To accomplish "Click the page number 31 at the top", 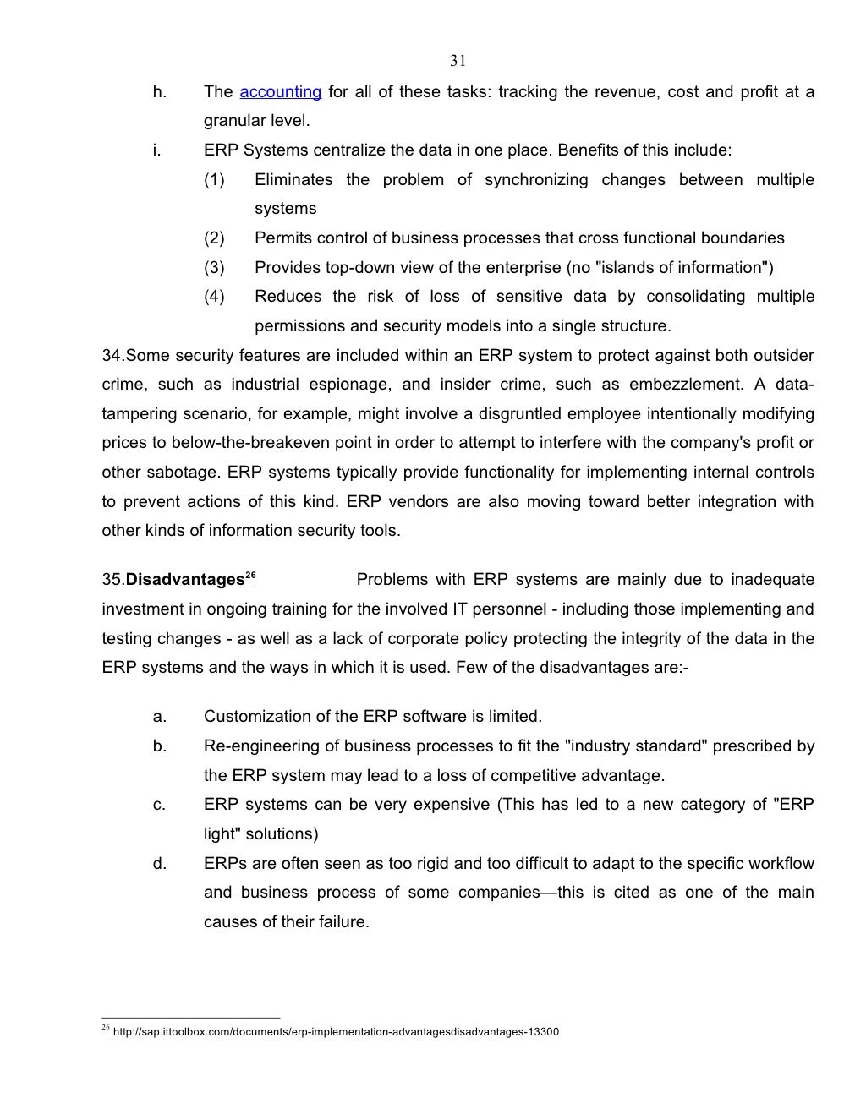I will pyautogui.click(x=458, y=60).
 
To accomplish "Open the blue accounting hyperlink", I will pyautogui.click(x=280, y=92).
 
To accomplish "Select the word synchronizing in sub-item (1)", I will pyautogui.click(x=536, y=180).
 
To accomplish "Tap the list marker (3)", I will pyautogui.click(x=214, y=268).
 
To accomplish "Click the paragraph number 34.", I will pyautogui.click(x=111, y=355).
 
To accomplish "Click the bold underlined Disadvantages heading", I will pyautogui.click(x=185, y=580).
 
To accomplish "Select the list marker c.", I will pyautogui.click(x=159, y=805).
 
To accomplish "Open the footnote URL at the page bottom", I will pyautogui.click(x=335, y=1032).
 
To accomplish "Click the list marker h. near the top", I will pyautogui.click(x=160, y=92).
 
